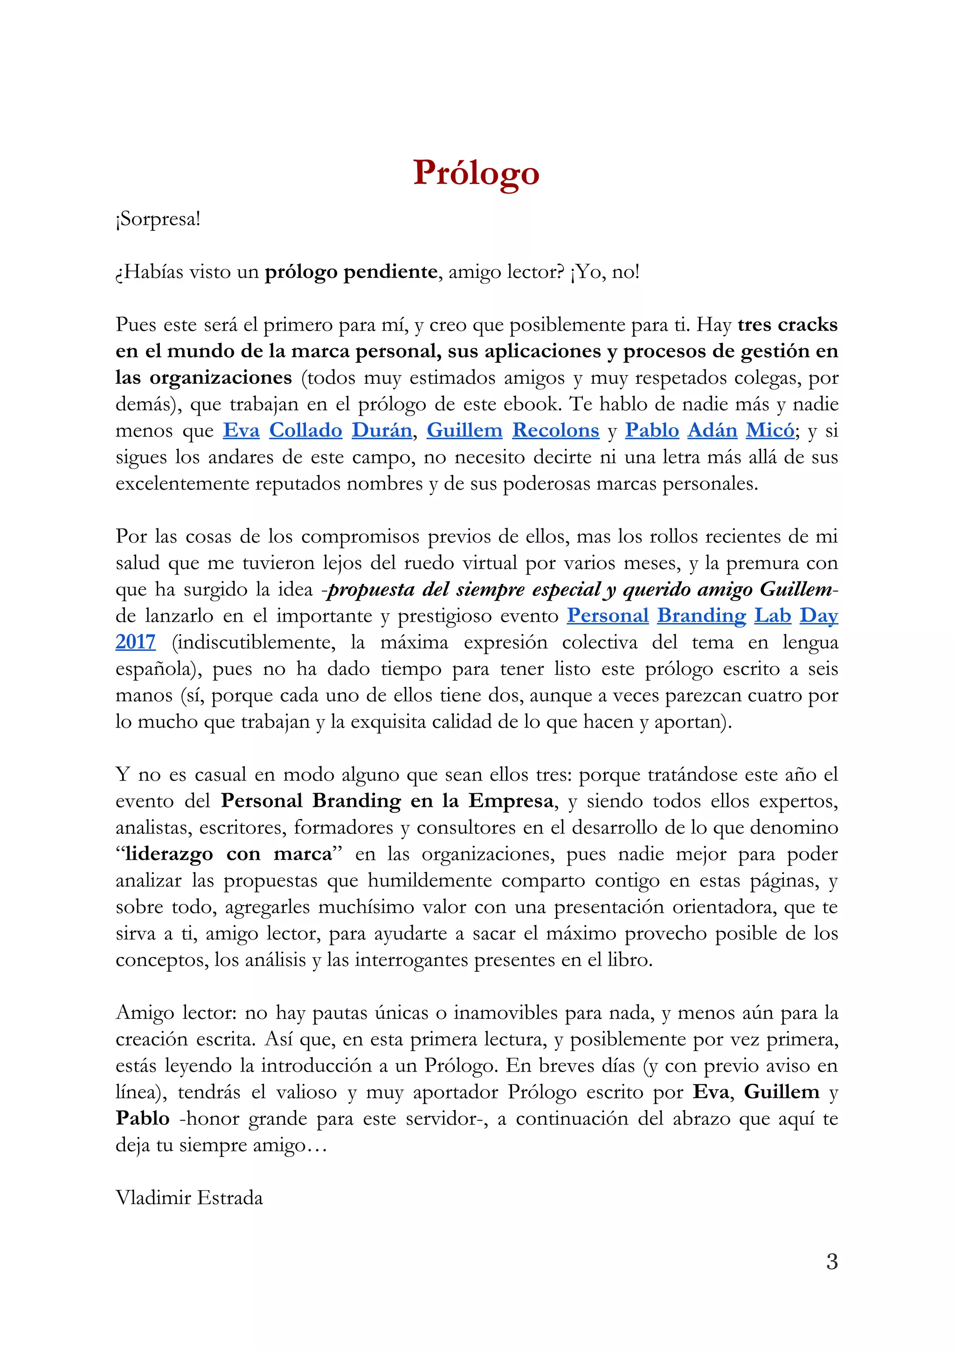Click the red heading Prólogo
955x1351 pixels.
click(x=476, y=173)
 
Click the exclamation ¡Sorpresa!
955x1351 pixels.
click(x=158, y=220)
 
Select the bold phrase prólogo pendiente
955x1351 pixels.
click(x=351, y=272)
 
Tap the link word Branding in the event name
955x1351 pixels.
click(x=701, y=616)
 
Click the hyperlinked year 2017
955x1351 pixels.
click(x=135, y=642)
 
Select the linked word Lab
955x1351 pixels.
click(x=773, y=616)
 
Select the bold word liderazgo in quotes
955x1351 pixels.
click(x=169, y=854)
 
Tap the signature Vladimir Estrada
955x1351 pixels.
click(x=189, y=1198)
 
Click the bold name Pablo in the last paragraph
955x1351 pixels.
click(x=142, y=1119)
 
